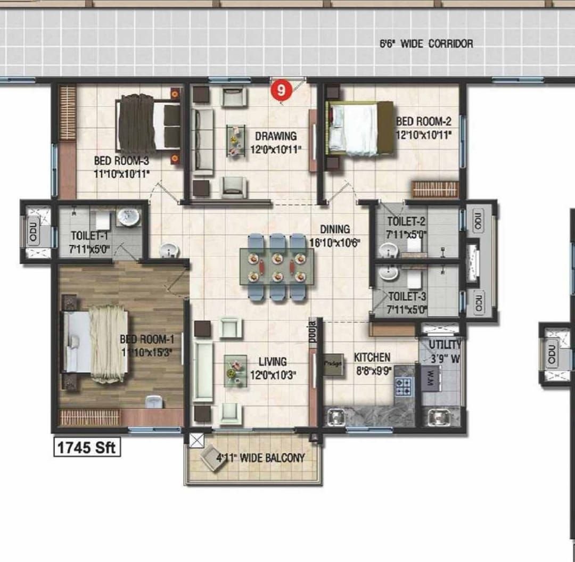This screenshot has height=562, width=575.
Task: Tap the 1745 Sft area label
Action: (87, 447)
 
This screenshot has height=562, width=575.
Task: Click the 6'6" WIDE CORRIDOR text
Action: (426, 44)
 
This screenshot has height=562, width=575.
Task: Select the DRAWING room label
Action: (275, 136)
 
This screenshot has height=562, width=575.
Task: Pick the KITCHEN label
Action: (372, 357)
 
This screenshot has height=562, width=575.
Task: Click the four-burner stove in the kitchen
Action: (404, 386)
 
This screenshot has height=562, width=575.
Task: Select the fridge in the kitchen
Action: (334, 365)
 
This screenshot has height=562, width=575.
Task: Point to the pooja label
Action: (313, 331)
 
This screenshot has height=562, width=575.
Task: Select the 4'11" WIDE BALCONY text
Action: (260, 458)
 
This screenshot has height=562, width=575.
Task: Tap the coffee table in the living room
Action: (235, 370)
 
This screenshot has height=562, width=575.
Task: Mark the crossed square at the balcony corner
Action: (196, 439)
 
